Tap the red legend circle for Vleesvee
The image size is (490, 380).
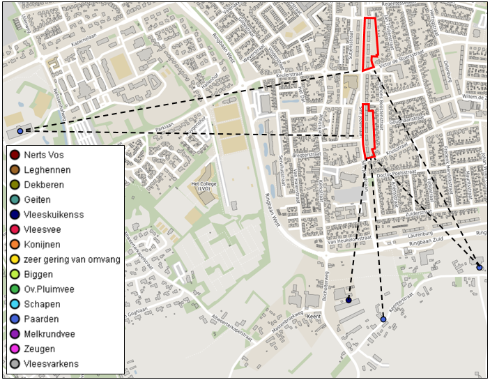[x=14, y=229]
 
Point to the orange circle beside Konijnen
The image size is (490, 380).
[x=14, y=245]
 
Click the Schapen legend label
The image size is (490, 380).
[x=41, y=304]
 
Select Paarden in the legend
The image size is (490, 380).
[x=40, y=319]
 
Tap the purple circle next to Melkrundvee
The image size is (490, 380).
[x=14, y=334]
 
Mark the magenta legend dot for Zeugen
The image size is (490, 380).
[x=14, y=349]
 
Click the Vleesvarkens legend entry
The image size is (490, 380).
[x=51, y=363]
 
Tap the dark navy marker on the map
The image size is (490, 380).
[x=349, y=301]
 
